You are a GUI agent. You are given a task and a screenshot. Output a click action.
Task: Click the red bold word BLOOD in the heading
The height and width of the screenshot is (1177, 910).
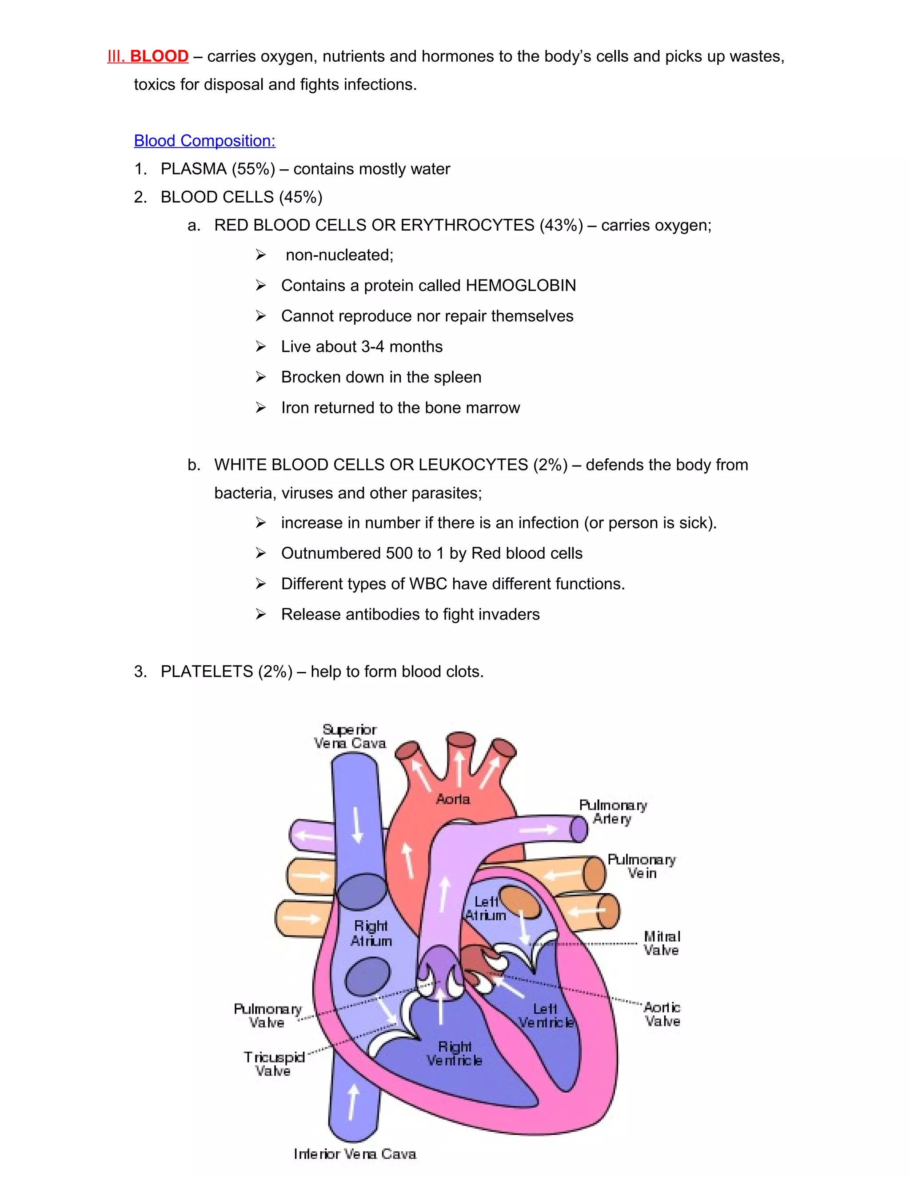pos(159,56)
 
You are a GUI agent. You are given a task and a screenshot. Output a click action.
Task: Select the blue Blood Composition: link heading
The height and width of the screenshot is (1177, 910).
pos(204,141)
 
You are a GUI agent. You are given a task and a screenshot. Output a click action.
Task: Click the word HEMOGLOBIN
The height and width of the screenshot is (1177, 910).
pos(520,285)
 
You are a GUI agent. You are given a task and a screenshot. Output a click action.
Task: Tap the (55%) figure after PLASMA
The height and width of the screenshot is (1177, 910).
pos(253,169)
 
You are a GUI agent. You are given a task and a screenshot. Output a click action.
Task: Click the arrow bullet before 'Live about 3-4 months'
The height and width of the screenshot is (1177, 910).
pos(261,346)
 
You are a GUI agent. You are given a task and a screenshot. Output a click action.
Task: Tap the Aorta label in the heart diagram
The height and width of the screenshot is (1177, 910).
pos(453,799)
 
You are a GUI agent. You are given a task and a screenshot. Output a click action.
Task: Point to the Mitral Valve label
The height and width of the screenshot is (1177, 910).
pos(662,943)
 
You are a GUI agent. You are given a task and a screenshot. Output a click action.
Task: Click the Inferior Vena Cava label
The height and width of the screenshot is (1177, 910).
pos(355,1154)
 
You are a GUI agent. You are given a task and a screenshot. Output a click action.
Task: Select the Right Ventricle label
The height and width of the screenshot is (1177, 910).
pos(455,1054)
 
